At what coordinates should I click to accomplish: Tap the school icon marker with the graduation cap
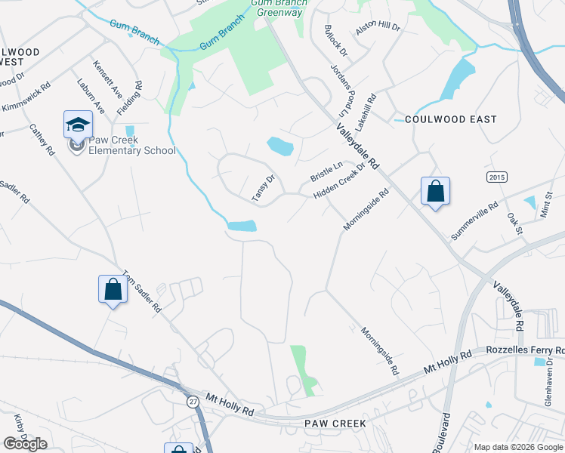click(78, 125)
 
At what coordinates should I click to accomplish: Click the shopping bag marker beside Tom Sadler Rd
click(113, 289)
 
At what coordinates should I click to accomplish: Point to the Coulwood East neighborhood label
click(451, 119)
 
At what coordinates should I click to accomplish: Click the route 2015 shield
click(496, 176)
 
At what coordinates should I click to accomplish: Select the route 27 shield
click(194, 402)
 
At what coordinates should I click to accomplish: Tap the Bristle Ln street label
click(326, 171)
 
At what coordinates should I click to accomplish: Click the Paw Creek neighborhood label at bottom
click(335, 424)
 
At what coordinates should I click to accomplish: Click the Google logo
click(25, 444)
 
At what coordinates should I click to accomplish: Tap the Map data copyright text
click(518, 447)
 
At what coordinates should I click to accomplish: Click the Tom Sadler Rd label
click(142, 292)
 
